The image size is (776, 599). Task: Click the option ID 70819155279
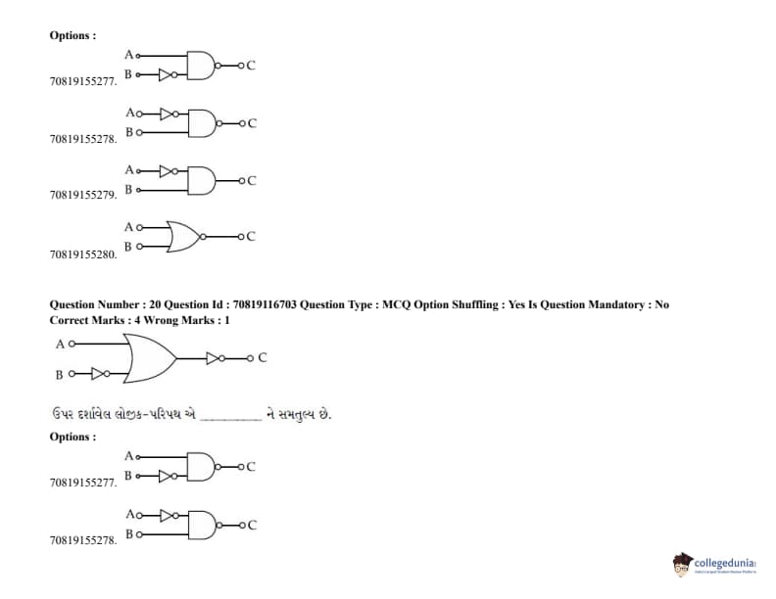tap(83, 196)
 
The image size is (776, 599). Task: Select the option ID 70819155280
tap(83, 254)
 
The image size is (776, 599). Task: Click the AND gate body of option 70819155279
tap(201, 180)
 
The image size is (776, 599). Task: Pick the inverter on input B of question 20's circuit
tap(98, 373)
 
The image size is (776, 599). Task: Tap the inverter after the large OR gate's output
tap(216, 358)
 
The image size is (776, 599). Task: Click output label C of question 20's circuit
tap(263, 358)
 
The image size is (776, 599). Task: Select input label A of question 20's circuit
tap(60, 345)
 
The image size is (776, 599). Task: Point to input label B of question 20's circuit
tap(60, 374)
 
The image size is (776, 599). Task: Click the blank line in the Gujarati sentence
tap(231, 416)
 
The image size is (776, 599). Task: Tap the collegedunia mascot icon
tap(682, 565)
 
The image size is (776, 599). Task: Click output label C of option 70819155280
tap(251, 236)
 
